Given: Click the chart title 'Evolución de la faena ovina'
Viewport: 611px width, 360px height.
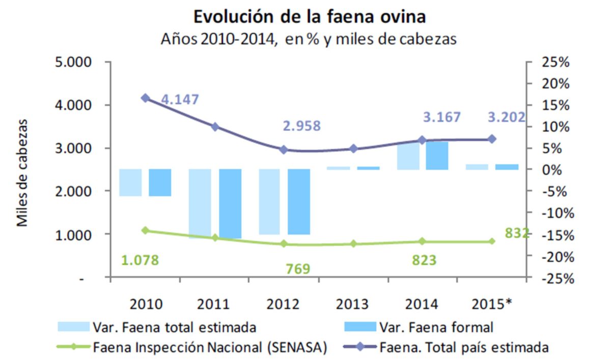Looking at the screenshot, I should pos(309,17).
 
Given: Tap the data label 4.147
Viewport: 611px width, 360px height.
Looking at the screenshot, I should pos(180,100).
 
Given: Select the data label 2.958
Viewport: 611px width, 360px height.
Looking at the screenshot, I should pos(302,126).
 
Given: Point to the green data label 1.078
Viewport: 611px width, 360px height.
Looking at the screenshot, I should pos(140,260).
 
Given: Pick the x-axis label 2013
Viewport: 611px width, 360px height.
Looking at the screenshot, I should pos(352,304).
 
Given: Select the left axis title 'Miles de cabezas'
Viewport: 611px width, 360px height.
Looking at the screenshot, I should pos(22,173).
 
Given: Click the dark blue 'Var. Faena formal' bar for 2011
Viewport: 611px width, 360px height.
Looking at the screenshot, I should pos(230,203).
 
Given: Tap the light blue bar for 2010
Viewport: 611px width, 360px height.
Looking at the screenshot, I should pos(130,182).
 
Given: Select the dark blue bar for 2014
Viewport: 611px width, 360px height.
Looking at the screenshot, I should pos(437,155).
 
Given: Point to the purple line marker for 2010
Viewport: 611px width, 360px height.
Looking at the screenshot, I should pos(146,98).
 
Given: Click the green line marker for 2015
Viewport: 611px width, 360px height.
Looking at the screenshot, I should pos(492,241).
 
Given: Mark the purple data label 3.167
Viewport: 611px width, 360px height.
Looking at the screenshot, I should pos(442,118).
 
